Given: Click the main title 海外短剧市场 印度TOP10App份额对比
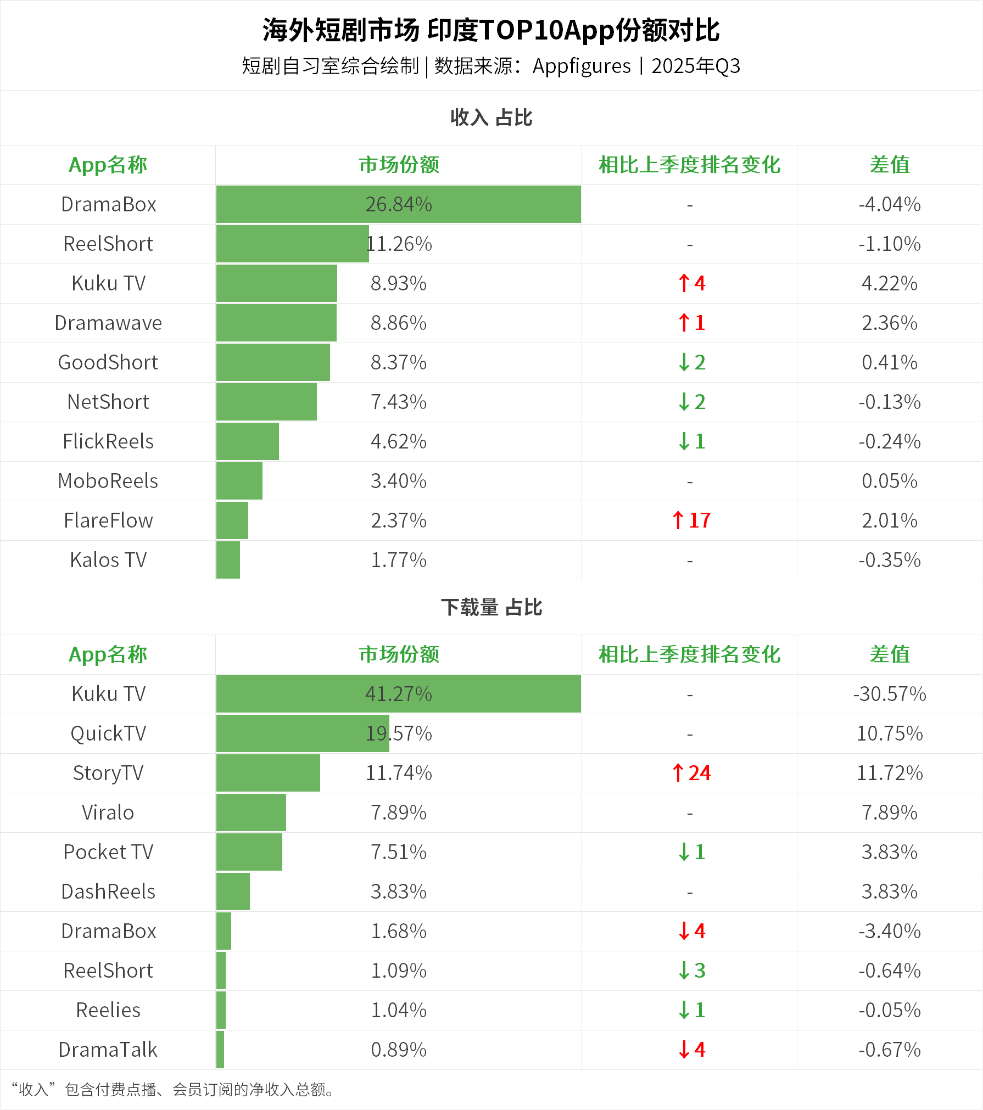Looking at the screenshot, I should (491, 30).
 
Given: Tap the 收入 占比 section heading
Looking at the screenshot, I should (491, 117).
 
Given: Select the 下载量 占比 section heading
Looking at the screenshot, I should (491, 607).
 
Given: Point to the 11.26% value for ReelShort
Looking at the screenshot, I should (399, 244).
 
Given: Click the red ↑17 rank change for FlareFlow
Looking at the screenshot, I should (691, 520).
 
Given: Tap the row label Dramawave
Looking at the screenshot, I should (108, 323).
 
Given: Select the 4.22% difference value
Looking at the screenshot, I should (889, 283).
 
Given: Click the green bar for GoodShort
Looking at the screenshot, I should (273, 362).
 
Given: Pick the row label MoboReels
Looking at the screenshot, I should (108, 481).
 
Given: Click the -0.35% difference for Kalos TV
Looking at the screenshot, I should (889, 560).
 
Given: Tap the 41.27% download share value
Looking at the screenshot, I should (399, 694).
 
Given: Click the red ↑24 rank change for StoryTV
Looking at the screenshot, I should (691, 773).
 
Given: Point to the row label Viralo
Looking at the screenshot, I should (108, 812).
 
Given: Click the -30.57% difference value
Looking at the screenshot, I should (889, 694).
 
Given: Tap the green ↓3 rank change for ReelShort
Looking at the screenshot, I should (691, 971).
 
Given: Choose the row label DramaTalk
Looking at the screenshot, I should (108, 1050).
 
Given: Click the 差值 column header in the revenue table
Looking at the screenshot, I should (889, 165).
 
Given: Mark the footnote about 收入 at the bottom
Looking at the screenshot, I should (172, 1089).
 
